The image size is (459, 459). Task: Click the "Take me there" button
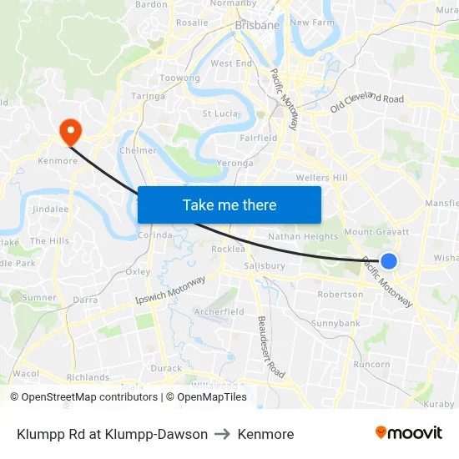pos(229,204)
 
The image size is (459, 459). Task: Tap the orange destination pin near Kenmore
pos(69,129)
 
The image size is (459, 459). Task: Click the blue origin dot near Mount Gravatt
pos(388,261)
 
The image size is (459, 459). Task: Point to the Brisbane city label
pos(257,26)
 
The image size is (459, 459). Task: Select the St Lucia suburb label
pos(220,113)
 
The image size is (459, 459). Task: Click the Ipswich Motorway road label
pos(170,290)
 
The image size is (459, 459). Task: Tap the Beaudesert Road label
pos(272,346)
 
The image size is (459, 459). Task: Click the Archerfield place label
pos(219,312)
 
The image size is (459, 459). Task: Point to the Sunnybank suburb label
pos(335,323)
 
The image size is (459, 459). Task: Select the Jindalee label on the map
pos(50,209)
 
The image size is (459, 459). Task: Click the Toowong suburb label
pos(179,78)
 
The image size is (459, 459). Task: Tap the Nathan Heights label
pos(303,237)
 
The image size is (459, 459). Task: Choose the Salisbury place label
pos(265,266)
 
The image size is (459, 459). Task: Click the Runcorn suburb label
pos(371,365)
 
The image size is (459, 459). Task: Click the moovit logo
pos(408,433)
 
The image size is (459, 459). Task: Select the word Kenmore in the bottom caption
pos(265,434)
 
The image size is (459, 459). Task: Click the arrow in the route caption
pos(223,434)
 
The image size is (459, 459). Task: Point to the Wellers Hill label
pos(322,178)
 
